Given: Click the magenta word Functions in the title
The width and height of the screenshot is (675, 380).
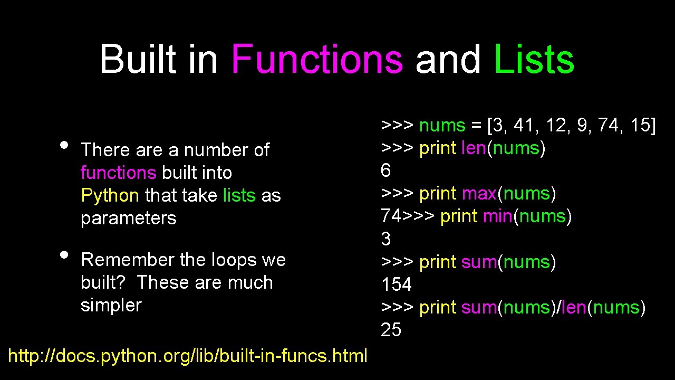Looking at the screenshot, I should tap(317, 59).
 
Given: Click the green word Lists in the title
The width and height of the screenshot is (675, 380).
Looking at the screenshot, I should tap(534, 59).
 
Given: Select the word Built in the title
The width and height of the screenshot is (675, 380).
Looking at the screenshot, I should tap(137, 59).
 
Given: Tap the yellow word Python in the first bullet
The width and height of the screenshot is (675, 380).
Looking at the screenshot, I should tap(110, 196).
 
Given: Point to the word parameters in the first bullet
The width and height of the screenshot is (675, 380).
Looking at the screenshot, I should tap(129, 218).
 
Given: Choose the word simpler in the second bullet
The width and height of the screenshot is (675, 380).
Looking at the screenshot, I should tap(111, 305).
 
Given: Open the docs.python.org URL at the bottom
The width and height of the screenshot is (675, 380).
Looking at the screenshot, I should tap(188, 356).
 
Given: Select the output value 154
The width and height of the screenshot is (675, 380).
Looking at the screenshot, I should tap(396, 284).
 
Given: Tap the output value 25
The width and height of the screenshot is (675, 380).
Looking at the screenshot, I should tap(391, 330).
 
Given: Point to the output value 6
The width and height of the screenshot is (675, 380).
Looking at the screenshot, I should tap(385, 170).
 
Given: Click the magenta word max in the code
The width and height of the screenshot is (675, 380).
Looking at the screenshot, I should tap(479, 194).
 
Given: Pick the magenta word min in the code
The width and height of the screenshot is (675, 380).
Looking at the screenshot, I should tap(497, 216).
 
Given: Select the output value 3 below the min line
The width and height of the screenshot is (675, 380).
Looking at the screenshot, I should tap(385, 239).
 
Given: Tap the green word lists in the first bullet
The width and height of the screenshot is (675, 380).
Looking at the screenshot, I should tap(239, 196).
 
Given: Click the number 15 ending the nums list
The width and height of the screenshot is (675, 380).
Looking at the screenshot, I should tap(640, 126).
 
